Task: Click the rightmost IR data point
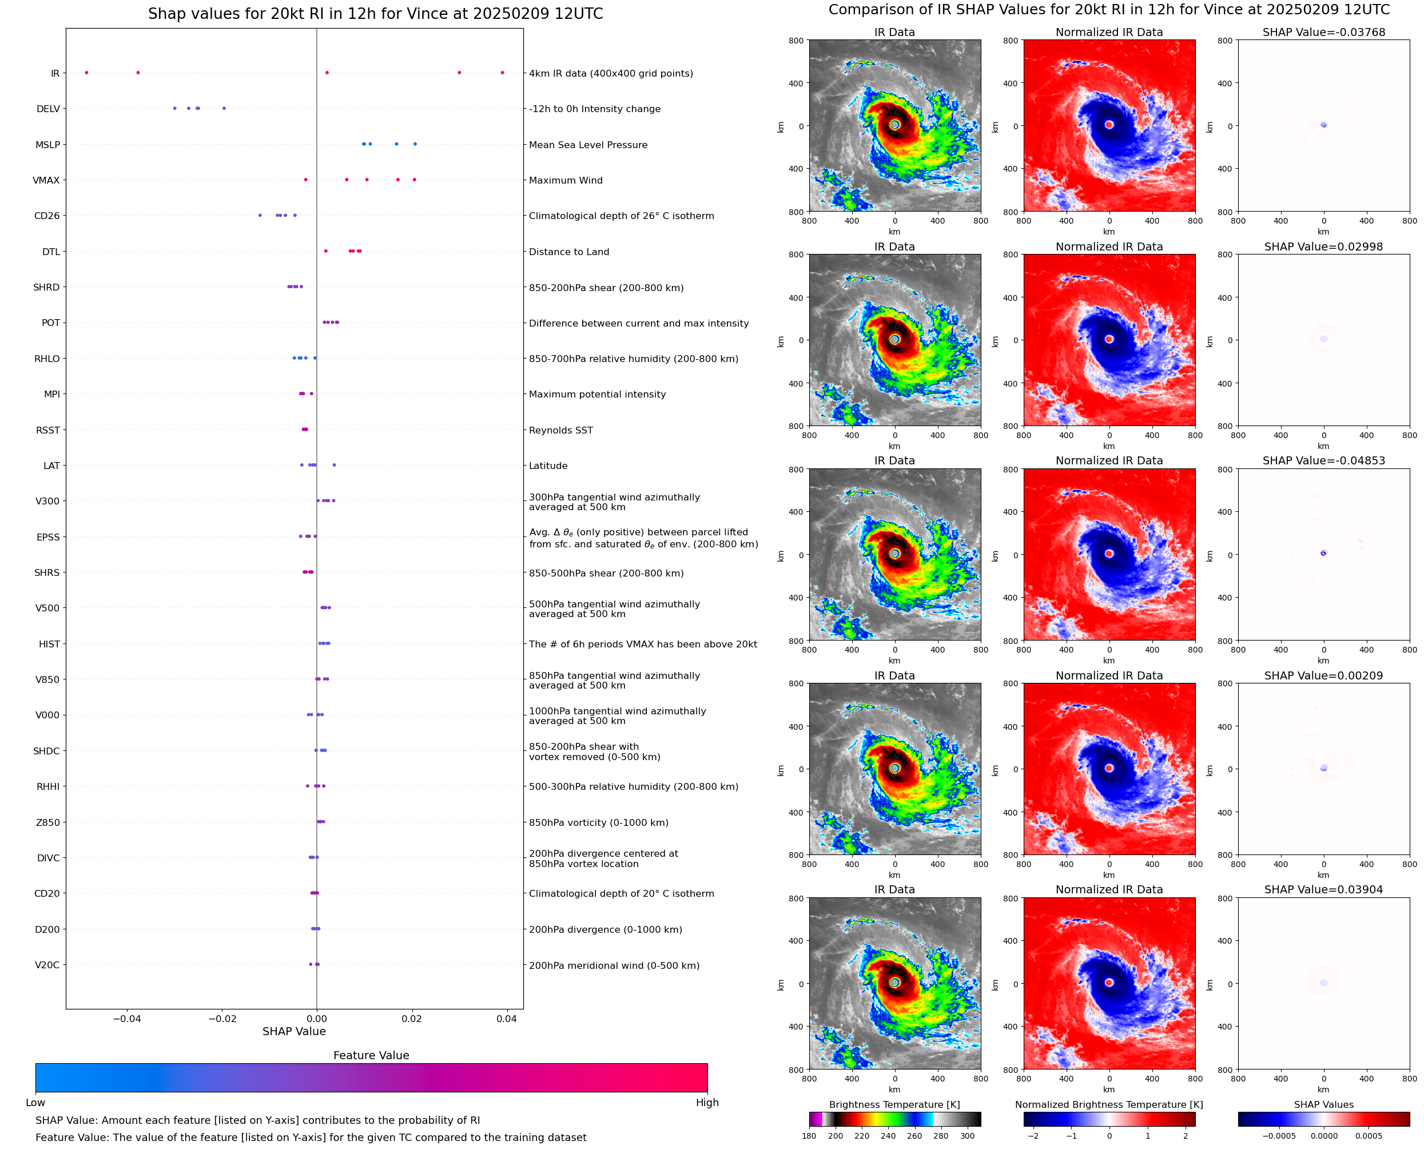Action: pos(502,73)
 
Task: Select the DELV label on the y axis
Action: pos(47,109)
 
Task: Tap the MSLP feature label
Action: pos(47,145)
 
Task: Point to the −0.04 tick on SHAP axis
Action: pos(126,1019)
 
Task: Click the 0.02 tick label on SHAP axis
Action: pos(412,1019)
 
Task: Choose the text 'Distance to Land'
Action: pos(569,252)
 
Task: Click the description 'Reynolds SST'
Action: pos(561,430)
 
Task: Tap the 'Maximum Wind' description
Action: pos(566,181)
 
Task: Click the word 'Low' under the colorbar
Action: pos(35,1103)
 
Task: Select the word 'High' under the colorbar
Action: pos(707,1103)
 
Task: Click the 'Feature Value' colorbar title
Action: pos(371,1056)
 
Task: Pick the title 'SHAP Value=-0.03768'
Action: pos(1323,33)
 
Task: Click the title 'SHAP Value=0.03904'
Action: pos(1323,889)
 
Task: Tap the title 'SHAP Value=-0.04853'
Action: pos(1323,460)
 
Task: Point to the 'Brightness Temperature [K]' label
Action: pos(894,1104)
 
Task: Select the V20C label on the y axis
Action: pos(47,965)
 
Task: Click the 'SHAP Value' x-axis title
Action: pos(294,1032)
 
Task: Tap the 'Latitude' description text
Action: pos(548,466)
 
